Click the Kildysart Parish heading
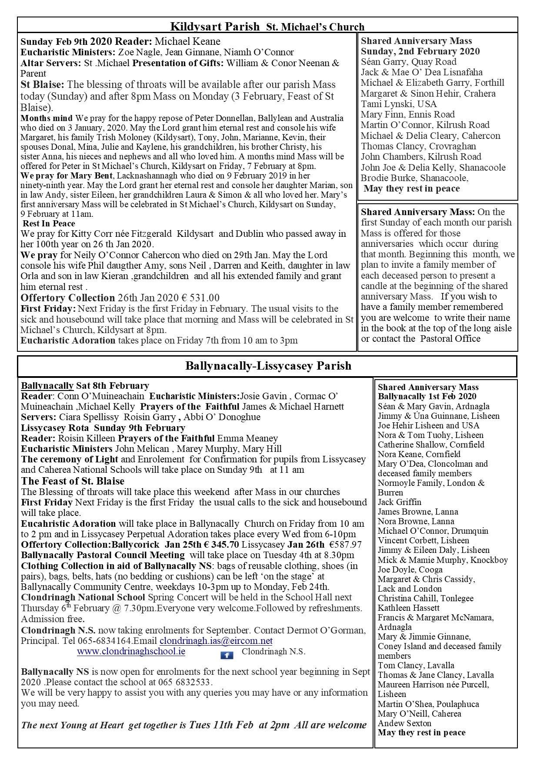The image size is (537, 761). click(215, 27)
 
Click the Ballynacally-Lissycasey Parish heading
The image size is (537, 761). click(268, 365)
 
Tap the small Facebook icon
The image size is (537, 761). click(227, 655)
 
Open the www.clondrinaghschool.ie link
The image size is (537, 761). click(131, 652)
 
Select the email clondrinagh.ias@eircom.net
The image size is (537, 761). click(216, 641)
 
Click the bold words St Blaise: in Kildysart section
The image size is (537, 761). click(42, 84)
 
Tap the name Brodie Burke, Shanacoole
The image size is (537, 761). click(414, 178)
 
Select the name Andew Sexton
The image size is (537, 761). click(404, 723)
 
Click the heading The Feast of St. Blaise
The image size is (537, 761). click(73, 481)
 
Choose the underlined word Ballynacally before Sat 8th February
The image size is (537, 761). click(47, 386)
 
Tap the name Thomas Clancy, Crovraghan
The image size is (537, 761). click(418, 146)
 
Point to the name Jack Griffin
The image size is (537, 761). click(399, 502)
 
